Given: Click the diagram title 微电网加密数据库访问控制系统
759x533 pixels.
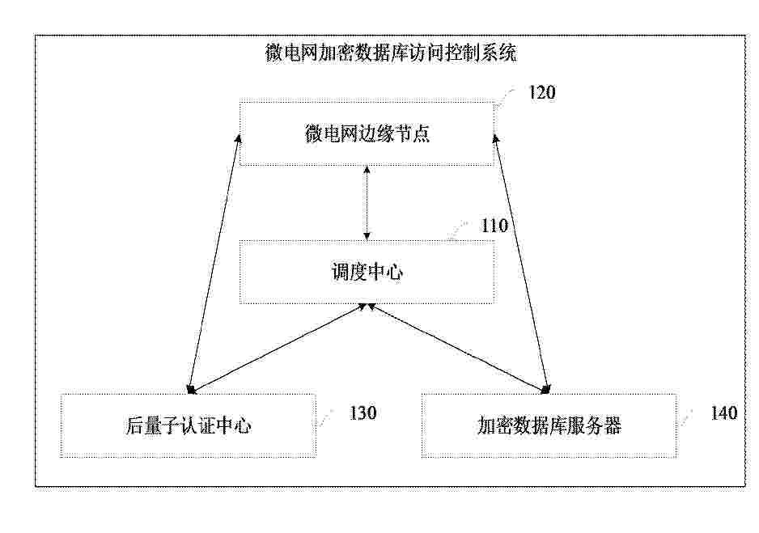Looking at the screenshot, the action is pos(391,53).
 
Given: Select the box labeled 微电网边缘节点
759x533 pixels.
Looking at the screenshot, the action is pos(367,133).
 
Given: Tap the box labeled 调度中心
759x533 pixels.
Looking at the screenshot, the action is pos(367,272).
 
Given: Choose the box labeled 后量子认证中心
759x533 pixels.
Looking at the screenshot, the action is pos(189,425).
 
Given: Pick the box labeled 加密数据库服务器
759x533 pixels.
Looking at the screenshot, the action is pos(549,425).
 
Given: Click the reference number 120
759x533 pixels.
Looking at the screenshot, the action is pos(541,92).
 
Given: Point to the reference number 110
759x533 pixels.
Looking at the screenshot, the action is pos(494,226).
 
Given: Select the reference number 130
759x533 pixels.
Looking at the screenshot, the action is pos(363,412).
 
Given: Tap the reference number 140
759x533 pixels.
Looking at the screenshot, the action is pos(723,412).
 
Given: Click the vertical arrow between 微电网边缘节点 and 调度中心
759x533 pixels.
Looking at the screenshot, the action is pos(367,203).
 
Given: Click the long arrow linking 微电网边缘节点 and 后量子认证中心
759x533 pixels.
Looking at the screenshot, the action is pos(214,263).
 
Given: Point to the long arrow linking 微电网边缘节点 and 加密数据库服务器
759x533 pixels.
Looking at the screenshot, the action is pos(522,263).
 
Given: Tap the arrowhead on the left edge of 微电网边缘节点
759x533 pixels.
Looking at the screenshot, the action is pos(238,137).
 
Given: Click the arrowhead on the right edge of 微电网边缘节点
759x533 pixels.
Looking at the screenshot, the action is pos(495,139).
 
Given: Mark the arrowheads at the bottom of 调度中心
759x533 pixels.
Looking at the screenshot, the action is pos(367,307).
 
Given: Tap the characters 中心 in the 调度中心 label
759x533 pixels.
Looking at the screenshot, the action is pos(385,272).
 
